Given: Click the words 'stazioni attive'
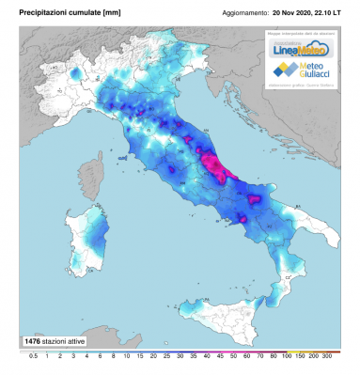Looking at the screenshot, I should point(68,339).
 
